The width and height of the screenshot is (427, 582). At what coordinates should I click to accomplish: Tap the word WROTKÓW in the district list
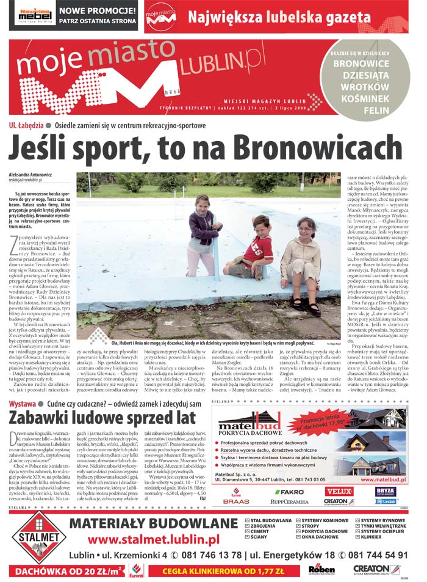[x=373, y=87]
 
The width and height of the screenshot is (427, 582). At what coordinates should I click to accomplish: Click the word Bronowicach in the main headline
[x=306, y=148]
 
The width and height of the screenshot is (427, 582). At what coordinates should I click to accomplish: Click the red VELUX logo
[x=339, y=490]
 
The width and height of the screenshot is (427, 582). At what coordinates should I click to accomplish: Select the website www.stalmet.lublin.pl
[x=153, y=539]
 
